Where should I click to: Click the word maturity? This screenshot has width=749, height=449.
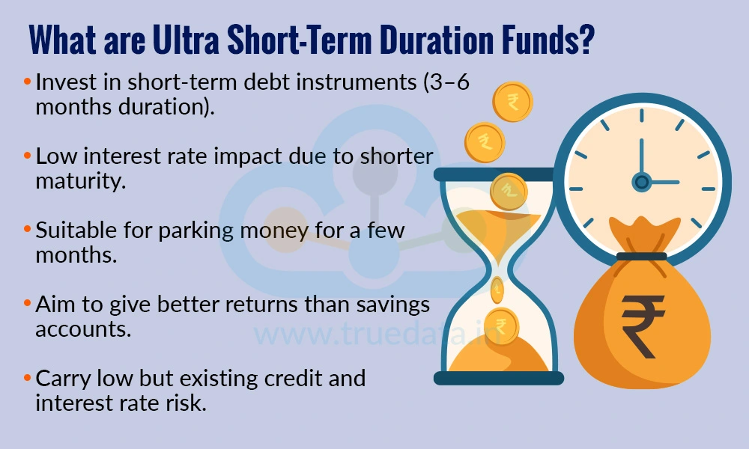pyautogui.click(x=80, y=180)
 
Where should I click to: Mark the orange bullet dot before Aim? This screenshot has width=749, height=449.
pyautogui.click(x=28, y=305)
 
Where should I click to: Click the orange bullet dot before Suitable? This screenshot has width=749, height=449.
pyautogui.click(x=28, y=230)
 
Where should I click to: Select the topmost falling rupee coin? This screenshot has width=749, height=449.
pyautogui.click(x=512, y=101)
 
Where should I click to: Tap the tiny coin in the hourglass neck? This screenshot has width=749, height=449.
pyautogui.click(x=497, y=287)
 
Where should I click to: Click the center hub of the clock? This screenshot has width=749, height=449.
pyautogui.click(x=641, y=181)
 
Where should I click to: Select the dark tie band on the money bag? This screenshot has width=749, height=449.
pyautogui.click(x=640, y=257)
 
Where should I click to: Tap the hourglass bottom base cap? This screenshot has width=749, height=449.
pyautogui.click(x=498, y=378)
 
